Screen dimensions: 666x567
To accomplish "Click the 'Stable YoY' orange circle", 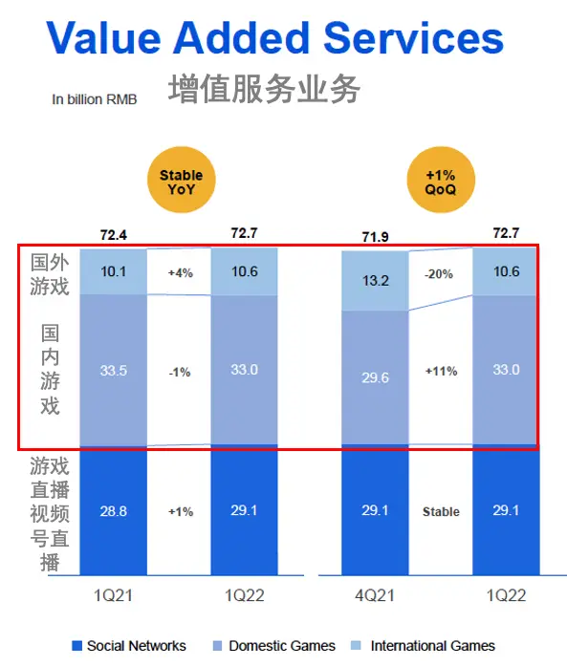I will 181,182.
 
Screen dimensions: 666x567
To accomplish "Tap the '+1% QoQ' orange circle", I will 441,182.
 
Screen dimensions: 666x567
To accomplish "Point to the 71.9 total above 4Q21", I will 375,235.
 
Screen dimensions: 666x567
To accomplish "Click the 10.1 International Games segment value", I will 114,271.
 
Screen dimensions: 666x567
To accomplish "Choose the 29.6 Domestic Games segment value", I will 375,378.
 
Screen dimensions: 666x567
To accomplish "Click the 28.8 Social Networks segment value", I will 114,512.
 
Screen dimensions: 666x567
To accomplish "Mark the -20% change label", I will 441,273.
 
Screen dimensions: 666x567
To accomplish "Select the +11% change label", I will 441,372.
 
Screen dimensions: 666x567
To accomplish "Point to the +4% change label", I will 180,272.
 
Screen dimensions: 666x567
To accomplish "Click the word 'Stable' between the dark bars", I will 441,512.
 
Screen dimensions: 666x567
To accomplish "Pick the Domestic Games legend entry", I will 274,646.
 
